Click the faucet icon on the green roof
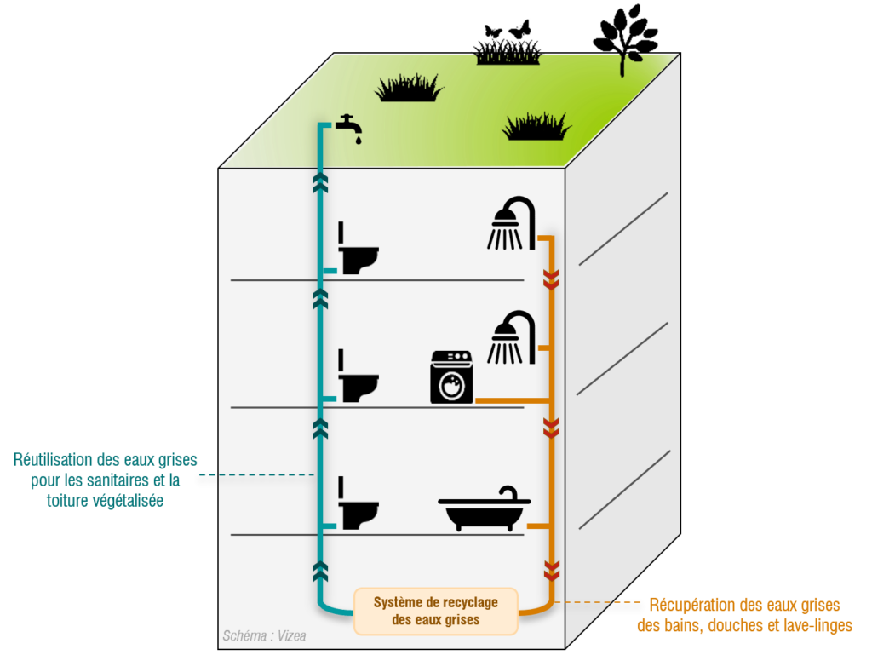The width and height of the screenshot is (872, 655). (x=349, y=124)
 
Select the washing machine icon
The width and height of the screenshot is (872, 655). (x=450, y=376)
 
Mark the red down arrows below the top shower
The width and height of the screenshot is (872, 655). (x=550, y=279)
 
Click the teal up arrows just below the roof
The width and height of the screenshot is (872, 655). (x=320, y=181)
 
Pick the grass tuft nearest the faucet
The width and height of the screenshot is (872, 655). (x=410, y=87)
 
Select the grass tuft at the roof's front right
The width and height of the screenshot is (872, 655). (x=536, y=127)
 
